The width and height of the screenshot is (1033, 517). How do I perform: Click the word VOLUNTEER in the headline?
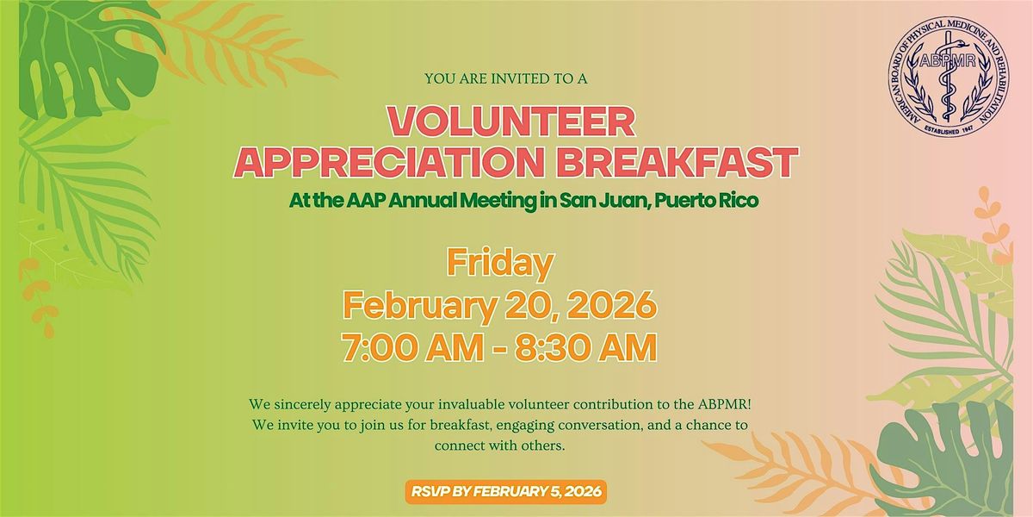click(x=511, y=122)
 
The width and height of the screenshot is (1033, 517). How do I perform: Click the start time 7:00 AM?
click(x=412, y=347)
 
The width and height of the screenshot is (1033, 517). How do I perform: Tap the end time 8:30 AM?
click(x=585, y=347)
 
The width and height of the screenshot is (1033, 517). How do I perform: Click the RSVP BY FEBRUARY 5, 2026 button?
click(x=506, y=491)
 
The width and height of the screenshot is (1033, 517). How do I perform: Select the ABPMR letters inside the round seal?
click(x=948, y=60)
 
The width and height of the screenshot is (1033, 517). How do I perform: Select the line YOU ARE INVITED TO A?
click(x=506, y=79)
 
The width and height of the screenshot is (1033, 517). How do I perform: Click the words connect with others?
click(x=499, y=446)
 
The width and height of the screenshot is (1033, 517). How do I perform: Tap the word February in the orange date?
click(x=420, y=306)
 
